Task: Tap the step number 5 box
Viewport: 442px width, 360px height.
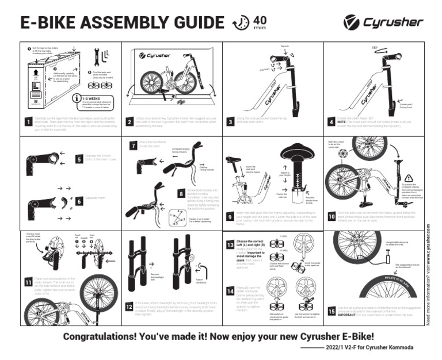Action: click(79, 159)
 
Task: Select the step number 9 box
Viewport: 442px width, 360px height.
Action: click(230, 217)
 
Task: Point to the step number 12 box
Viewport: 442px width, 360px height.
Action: click(129, 306)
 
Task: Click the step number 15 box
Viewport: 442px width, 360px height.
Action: click(331, 311)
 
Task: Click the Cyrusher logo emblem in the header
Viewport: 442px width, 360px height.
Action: click(350, 22)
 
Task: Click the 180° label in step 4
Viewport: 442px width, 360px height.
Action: click(374, 48)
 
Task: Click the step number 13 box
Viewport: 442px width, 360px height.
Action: click(230, 244)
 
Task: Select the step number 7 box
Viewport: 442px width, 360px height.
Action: click(134, 146)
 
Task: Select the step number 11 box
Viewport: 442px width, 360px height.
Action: click(28, 282)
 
